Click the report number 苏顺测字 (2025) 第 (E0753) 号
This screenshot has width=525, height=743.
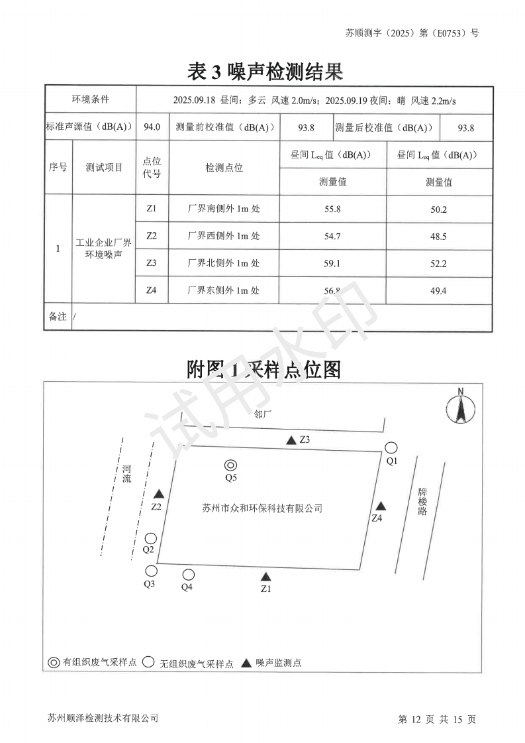coord(412,32)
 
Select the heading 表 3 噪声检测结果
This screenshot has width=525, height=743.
coord(265,71)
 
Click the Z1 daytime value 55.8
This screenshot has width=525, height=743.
coord(332,209)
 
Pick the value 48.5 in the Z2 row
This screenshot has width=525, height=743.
coord(438,236)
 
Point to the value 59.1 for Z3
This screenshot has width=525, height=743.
coord(332,263)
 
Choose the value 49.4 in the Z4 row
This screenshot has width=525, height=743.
coord(438,290)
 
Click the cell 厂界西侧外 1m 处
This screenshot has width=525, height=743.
coord(224,236)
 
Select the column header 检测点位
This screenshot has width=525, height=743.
coord(224,168)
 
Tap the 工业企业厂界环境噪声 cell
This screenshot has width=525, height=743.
coord(104,249)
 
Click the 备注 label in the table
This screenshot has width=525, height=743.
coord(58,317)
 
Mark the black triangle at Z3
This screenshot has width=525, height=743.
coord(291,441)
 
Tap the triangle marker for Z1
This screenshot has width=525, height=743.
coord(265,577)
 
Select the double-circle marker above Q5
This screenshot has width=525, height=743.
coord(230,465)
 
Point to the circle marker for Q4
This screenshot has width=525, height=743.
coord(189,575)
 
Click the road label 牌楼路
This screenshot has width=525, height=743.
coord(422,502)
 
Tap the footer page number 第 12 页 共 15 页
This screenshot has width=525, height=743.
coord(437,719)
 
